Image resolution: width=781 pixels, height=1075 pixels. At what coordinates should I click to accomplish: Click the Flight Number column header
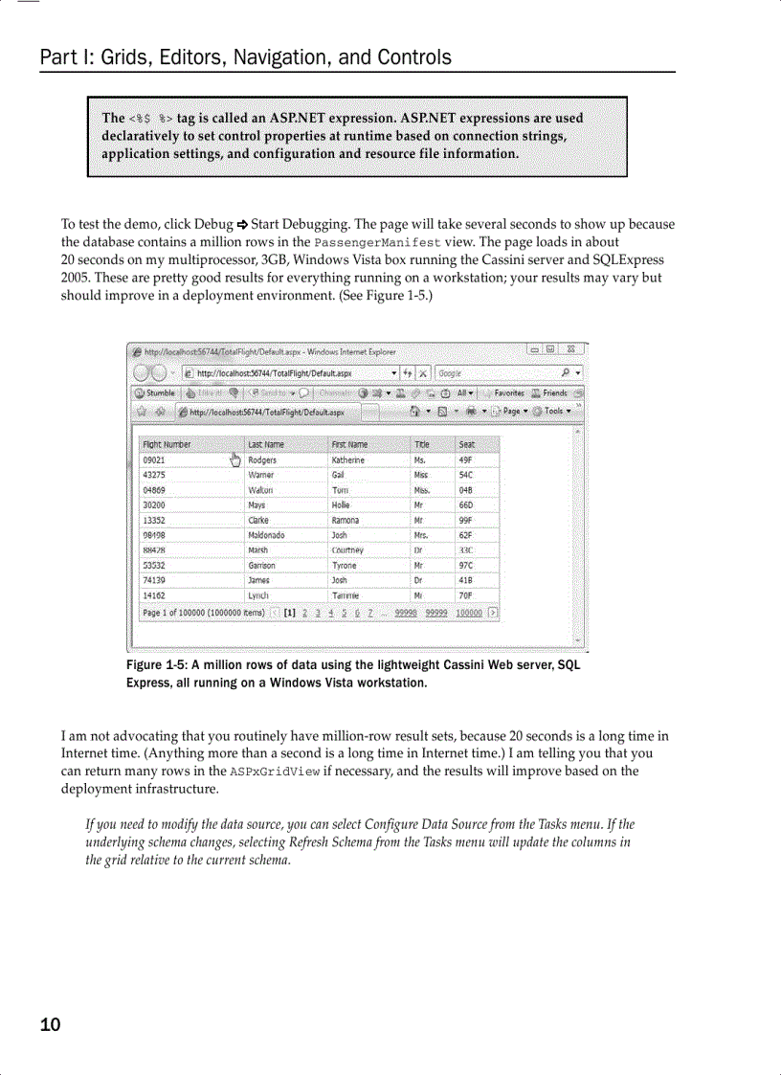pos(167,444)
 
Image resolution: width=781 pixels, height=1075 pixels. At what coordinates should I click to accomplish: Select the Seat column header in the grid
pos(467,444)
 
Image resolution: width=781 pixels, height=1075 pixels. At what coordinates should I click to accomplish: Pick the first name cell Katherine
pos(347,459)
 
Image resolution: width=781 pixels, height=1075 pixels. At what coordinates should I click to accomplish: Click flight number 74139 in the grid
pos(153,580)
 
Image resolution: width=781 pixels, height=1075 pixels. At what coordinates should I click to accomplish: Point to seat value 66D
pos(466,504)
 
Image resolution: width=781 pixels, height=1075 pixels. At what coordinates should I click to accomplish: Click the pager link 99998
pos(405,613)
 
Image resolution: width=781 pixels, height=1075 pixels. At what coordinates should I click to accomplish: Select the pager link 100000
pos(469,613)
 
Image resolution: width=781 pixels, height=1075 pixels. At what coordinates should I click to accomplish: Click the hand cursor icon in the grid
pos(234,460)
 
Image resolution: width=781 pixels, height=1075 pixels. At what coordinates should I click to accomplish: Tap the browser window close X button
pos(570,350)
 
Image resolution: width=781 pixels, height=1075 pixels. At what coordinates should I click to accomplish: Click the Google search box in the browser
pos(498,372)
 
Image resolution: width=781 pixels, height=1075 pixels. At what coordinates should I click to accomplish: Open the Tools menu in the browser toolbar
pos(554,412)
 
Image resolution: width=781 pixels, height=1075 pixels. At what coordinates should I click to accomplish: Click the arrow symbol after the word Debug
pos(242,225)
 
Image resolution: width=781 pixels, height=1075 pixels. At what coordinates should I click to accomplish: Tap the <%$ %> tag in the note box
pos(150,119)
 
